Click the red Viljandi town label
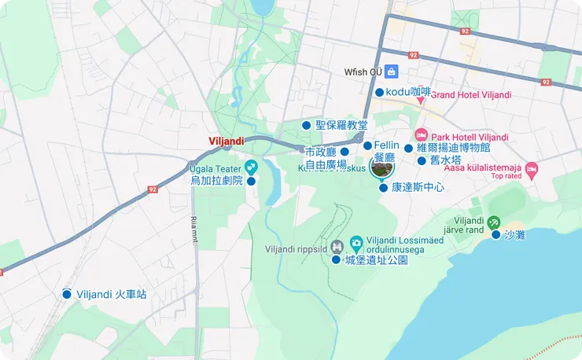(x=226, y=141)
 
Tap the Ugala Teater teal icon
(x=251, y=166)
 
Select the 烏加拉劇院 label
(x=217, y=181)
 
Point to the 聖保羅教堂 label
(x=341, y=125)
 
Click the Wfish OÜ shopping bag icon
(x=391, y=72)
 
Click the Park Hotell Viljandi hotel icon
(x=421, y=134)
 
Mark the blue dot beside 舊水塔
(x=422, y=160)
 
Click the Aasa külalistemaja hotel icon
(x=532, y=168)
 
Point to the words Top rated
(x=506, y=176)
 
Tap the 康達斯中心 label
(x=418, y=188)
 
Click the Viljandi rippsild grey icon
(x=337, y=244)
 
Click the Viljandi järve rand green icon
(x=493, y=222)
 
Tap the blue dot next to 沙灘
(x=496, y=234)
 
